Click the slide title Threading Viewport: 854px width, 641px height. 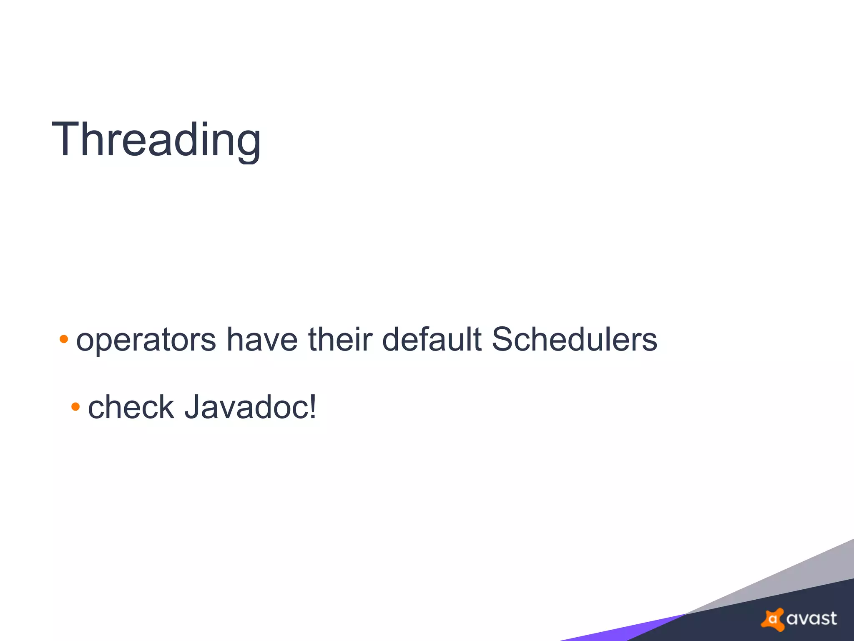coord(156,139)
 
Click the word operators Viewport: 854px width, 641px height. coord(146,340)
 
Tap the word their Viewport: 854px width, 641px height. coord(340,339)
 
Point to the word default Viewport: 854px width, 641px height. coord(432,339)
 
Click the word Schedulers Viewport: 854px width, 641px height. coord(574,339)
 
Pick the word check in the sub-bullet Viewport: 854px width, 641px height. coord(131,407)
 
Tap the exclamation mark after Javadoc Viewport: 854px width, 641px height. coord(313,406)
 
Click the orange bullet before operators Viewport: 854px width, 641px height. coord(64,338)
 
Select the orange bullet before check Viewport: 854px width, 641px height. coord(75,406)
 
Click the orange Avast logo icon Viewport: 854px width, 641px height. coord(772,618)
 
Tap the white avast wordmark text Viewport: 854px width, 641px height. coord(811,618)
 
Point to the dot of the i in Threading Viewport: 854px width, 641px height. coord(205,124)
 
